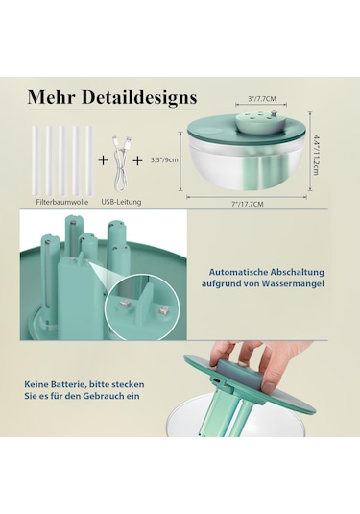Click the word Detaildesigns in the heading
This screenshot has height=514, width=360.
[139, 97]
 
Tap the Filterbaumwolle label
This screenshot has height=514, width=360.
[62, 202]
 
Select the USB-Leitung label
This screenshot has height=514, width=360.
[121, 202]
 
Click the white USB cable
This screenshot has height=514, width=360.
[121, 164]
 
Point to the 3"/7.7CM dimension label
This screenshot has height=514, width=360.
[261, 99]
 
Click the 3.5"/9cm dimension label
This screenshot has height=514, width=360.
[164, 160]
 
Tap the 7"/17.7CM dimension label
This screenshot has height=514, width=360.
[248, 204]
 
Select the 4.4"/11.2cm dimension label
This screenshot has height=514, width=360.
[315, 155]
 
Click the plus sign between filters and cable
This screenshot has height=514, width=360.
[104, 160]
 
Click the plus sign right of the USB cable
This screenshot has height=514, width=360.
[138, 160]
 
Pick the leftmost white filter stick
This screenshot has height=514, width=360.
[36, 161]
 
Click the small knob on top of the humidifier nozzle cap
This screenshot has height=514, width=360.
[274, 113]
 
